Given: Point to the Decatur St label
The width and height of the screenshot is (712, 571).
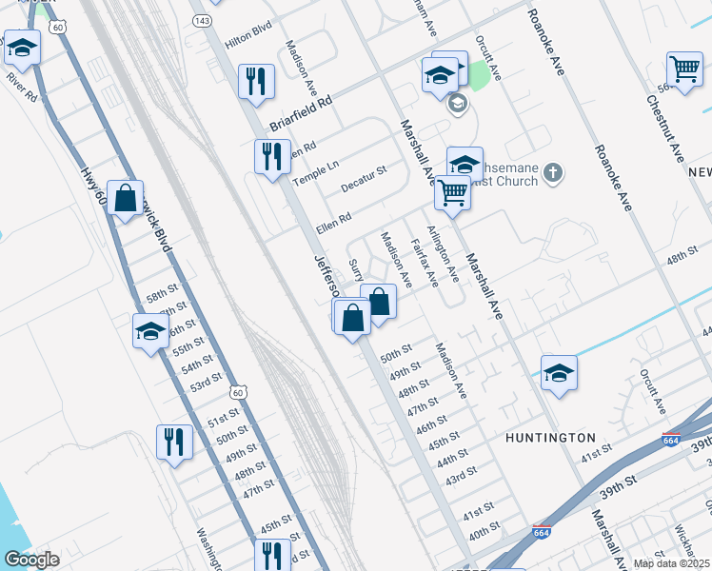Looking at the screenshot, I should point(364,178).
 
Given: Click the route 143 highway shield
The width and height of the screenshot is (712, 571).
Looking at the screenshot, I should point(202,20).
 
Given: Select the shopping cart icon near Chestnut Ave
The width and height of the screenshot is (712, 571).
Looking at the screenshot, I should point(685,69).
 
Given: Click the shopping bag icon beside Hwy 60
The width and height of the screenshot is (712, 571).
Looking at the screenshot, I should point(125,199).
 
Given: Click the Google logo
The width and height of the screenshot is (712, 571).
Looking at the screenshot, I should point(31,560).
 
